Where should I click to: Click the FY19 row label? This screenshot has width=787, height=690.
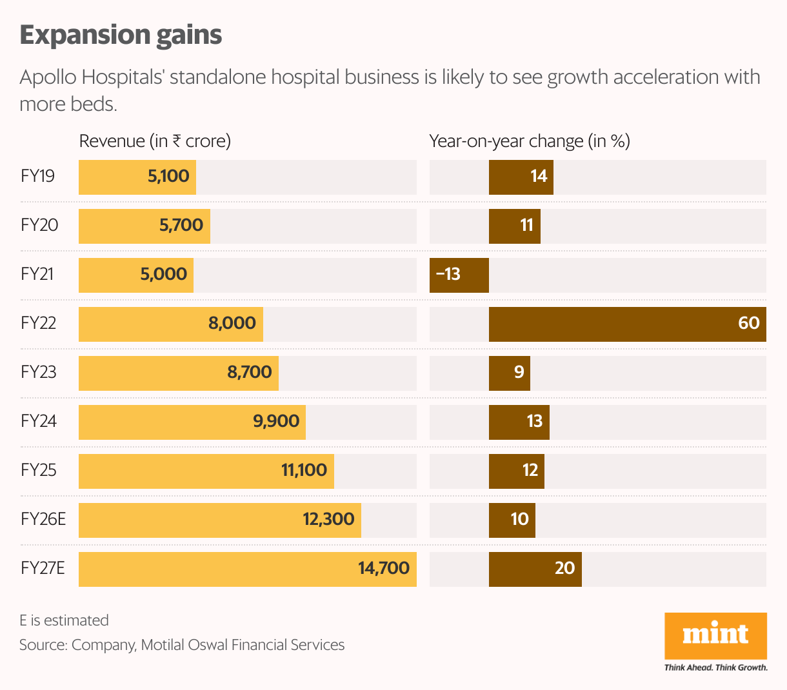[37, 177]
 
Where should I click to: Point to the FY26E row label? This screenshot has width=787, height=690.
[43, 520]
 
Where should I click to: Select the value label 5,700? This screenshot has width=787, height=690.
[181, 226]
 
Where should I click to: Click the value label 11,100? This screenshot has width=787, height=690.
[304, 471]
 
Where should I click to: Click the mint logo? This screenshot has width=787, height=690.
[715, 635]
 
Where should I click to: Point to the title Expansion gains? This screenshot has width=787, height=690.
[121, 35]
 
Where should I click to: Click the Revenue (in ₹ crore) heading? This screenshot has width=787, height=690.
[155, 141]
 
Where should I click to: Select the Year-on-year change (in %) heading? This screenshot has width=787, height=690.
[530, 141]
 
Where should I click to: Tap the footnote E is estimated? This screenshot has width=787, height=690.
[64, 620]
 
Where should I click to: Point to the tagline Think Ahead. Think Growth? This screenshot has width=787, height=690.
[715, 667]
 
